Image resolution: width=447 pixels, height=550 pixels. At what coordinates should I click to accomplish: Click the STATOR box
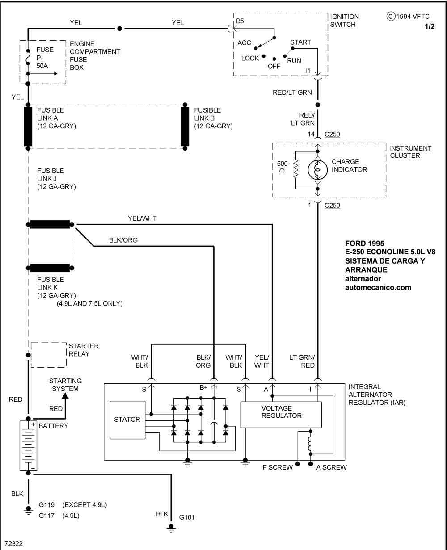pos(127,420)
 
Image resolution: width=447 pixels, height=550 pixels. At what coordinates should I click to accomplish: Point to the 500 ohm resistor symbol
pos(295,170)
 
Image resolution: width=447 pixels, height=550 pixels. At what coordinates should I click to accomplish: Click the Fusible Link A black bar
pos(28,126)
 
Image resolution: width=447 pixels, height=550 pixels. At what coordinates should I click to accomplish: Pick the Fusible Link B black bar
pos(185,126)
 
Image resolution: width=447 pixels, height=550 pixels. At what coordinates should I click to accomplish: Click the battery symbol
pos(28,445)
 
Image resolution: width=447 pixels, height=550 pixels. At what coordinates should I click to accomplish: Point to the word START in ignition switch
pos(300,42)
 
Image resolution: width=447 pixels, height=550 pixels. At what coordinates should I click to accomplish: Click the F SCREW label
pos(277,467)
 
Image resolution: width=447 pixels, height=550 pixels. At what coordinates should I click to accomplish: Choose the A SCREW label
pos(331,467)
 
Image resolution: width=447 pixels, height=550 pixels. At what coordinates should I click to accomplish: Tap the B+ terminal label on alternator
pos(203,387)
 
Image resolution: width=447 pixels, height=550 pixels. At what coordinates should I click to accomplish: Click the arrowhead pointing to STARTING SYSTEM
pos(65,395)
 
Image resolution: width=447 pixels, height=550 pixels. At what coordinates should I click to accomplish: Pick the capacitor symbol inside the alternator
pos(214,422)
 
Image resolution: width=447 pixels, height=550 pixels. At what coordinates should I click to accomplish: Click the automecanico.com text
pos(378,287)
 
